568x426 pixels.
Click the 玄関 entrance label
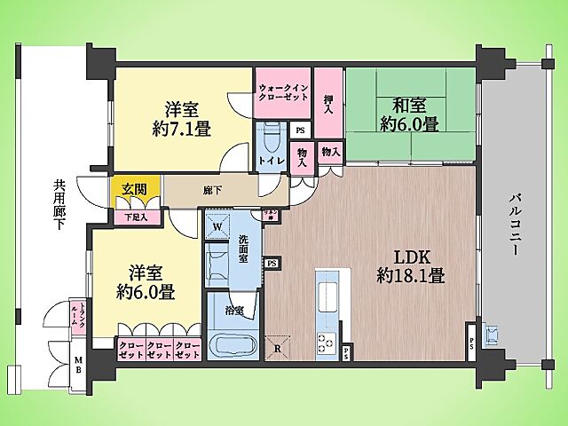136,187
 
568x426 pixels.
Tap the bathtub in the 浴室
233,344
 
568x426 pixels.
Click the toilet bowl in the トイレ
270,138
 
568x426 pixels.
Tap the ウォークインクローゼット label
282,93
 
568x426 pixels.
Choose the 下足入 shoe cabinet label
136,217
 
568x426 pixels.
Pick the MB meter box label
78,365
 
